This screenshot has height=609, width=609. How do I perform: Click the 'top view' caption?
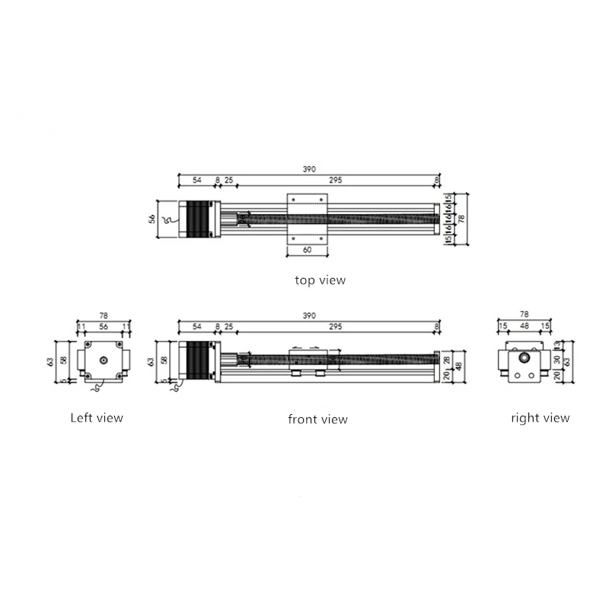coord(320,280)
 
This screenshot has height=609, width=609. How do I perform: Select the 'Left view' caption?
coord(97,417)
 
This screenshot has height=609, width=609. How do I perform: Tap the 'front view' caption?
coord(317,419)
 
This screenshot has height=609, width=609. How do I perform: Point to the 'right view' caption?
coord(540,417)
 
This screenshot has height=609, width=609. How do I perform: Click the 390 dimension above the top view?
coord(308,169)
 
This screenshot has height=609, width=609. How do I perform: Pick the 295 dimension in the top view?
coord(335,180)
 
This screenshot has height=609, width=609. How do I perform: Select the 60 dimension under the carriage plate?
coord(308,250)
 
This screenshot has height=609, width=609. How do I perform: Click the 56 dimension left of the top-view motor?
coord(151,218)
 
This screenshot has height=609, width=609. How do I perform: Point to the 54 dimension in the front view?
coord(196,327)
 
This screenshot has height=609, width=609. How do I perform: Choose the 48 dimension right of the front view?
coord(459,365)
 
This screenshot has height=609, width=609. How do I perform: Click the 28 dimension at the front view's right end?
coord(448,359)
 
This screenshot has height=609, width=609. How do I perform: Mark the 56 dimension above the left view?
coord(103,327)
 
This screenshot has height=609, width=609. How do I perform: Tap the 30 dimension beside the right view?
coord(556,359)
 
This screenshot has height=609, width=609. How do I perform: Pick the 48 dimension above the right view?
coord(524,327)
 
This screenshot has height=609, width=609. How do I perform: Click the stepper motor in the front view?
coord(198,362)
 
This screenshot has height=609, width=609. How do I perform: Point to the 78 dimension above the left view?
coord(103,314)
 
